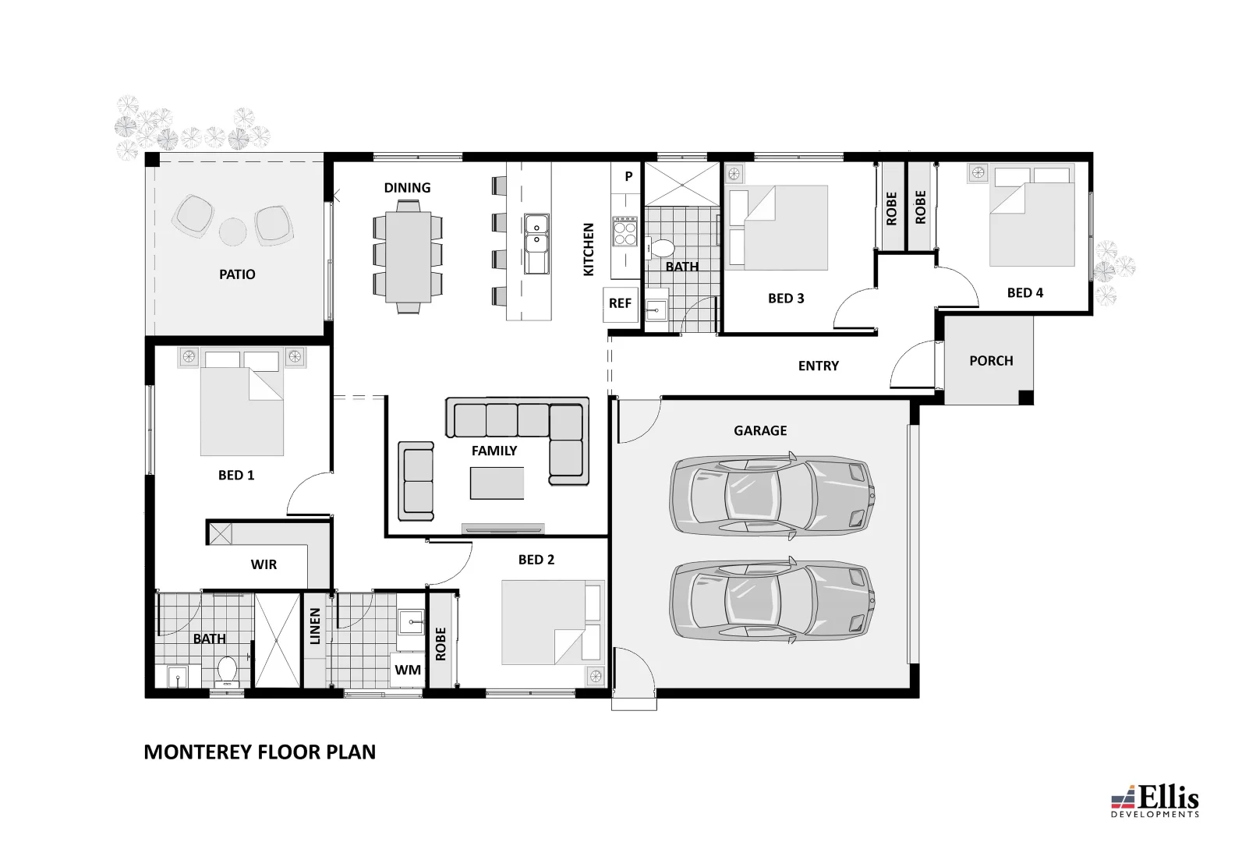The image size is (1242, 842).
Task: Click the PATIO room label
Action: [237, 274]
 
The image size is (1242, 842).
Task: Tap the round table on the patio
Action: [232, 232]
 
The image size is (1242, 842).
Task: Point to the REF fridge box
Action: [620, 302]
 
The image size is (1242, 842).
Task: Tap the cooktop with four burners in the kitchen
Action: [625, 231]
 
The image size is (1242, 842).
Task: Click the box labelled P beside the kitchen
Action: [628, 177]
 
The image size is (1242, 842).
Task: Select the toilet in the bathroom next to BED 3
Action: [663, 249]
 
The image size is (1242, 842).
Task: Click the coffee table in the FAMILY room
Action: [497, 483]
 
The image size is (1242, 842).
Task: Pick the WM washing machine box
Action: [407, 670]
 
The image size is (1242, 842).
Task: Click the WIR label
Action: [264, 564]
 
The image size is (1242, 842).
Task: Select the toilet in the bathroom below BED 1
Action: [227, 669]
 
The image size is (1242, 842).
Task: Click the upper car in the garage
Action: [772, 495]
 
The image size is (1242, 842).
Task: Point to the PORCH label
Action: [991, 361]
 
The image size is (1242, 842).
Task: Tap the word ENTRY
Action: [818, 366]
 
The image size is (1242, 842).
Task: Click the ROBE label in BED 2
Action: [441, 644]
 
